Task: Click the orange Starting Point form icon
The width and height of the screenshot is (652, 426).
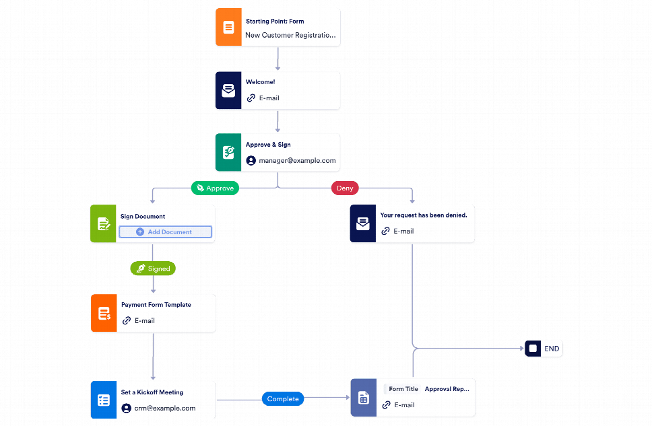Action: (228, 28)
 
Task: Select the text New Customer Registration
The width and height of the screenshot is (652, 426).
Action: (290, 35)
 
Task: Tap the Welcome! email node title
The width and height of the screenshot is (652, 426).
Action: (260, 82)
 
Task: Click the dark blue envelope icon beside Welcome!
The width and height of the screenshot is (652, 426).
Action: (228, 90)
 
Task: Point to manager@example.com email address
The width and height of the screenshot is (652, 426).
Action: (297, 161)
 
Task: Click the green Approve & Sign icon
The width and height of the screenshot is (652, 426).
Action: (228, 152)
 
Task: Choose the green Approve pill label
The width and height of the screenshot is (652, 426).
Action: (215, 188)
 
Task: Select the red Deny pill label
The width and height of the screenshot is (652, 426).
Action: (345, 188)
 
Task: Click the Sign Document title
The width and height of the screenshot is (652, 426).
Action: (143, 217)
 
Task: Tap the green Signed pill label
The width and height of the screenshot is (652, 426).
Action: (153, 269)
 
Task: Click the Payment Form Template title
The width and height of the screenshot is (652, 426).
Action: (156, 305)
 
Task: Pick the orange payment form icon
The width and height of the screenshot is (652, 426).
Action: (104, 313)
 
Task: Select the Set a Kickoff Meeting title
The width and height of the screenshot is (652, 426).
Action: (152, 392)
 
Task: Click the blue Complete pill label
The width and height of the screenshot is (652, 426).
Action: (283, 399)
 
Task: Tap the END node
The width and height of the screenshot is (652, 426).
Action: (544, 349)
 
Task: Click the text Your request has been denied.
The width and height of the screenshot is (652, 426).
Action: (424, 215)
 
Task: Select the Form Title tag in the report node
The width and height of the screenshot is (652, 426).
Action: (403, 389)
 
